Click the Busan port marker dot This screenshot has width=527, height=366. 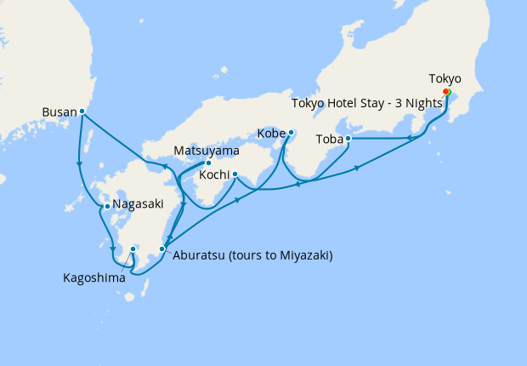click(x=82, y=111)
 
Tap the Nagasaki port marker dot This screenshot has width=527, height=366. click(x=106, y=206)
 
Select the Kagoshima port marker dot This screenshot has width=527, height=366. click(x=133, y=249)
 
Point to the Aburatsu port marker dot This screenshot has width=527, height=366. click(x=162, y=249)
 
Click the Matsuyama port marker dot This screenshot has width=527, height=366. click(x=208, y=163)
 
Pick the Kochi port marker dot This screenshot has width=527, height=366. click(x=234, y=175)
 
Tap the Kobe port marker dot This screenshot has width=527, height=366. click(x=291, y=132)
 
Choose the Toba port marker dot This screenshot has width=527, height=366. click(x=348, y=138)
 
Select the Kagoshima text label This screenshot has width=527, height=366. click(x=93, y=277)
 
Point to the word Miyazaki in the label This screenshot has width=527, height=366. click(x=302, y=255)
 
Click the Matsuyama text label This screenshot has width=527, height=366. click(x=206, y=151)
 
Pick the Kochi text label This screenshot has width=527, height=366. click(x=212, y=175)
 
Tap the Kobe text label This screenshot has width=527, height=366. click(x=271, y=134)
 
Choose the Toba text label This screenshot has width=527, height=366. click(x=329, y=138)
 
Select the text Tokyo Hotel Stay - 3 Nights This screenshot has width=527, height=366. click(x=367, y=103)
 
